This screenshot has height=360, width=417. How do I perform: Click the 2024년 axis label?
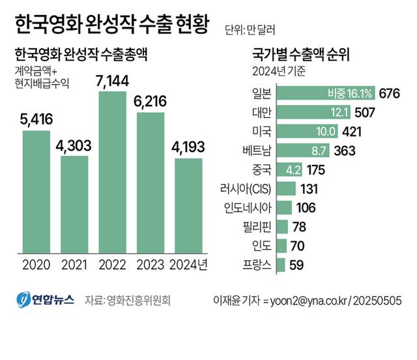tap(188, 265)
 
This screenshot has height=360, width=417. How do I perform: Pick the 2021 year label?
tap(74, 265)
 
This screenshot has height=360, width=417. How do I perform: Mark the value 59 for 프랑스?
tap(297, 265)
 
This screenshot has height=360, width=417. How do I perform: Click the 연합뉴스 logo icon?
tap(23, 300)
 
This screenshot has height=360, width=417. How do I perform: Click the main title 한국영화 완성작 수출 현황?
tap(111, 26)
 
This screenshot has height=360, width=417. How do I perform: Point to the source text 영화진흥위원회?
tap(137, 301)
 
